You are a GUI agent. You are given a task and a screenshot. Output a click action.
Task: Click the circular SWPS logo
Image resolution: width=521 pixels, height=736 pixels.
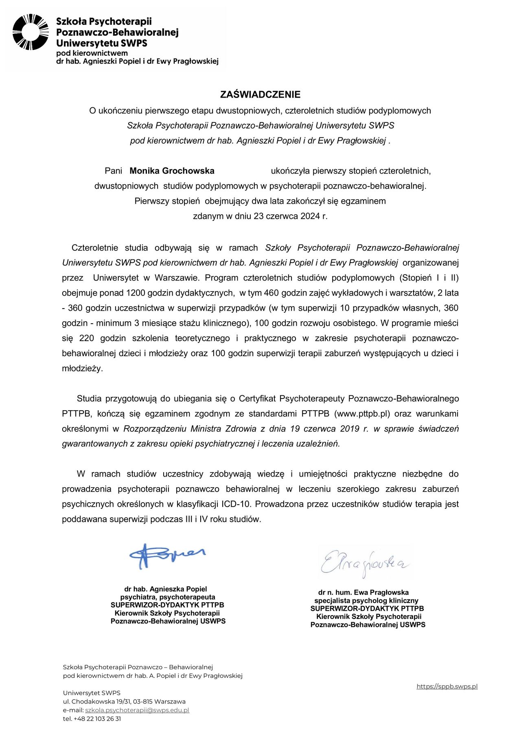(x=31, y=32)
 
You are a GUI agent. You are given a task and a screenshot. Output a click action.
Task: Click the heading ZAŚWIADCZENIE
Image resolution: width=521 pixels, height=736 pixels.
(x=260, y=95)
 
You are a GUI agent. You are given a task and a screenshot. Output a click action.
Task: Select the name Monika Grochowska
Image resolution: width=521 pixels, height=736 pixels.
(x=172, y=171)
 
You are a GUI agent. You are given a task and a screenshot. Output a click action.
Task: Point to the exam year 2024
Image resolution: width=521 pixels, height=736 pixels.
(x=310, y=216)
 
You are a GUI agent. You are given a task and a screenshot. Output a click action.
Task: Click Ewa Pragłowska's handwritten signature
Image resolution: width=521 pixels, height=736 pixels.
(x=364, y=564)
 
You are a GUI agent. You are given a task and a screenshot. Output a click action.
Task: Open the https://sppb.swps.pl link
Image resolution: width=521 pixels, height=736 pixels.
(x=447, y=686)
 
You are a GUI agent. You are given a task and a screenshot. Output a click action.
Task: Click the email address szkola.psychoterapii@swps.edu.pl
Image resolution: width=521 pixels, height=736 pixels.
(x=137, y=710)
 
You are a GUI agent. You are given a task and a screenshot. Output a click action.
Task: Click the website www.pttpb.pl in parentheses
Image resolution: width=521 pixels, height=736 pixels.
(x=362, y=414)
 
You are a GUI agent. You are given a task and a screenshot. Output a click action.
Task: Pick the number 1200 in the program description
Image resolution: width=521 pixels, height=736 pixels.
(x=136, y=293)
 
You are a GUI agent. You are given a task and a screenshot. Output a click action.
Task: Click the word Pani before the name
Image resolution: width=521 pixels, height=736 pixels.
(x=114, y=171)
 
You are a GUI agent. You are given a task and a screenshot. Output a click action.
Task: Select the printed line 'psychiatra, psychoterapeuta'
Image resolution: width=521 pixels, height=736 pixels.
(x=167, y=597)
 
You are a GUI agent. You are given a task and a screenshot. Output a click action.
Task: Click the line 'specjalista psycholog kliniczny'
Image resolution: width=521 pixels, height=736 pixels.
(x=366, y=601)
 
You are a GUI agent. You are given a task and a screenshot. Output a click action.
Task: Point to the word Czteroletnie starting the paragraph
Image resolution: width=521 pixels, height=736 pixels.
(x=94, y=248)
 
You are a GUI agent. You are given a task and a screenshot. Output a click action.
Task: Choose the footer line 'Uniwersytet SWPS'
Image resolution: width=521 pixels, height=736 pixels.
(x=92, y=693)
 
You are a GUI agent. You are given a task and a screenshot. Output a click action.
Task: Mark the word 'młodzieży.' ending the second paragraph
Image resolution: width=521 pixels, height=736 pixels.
(x=82, y=368)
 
